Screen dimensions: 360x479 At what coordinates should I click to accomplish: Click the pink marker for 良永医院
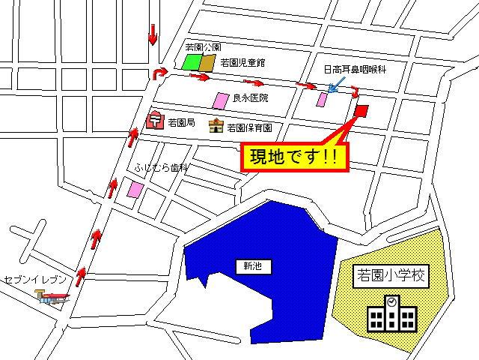pos(221,100)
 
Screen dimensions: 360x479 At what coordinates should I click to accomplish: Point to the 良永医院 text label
pos(250,98)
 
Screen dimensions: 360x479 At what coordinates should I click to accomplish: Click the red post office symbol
pos(156,120)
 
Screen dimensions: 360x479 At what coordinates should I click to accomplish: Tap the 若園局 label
pos(182,122)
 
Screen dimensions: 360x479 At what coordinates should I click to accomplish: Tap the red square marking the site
pos(361,111)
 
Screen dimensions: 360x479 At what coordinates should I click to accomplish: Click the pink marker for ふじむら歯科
pos(135,190)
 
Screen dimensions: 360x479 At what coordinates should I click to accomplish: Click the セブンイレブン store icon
pos(55,298)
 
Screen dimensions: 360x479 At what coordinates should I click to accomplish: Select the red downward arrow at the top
pos(153,34)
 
